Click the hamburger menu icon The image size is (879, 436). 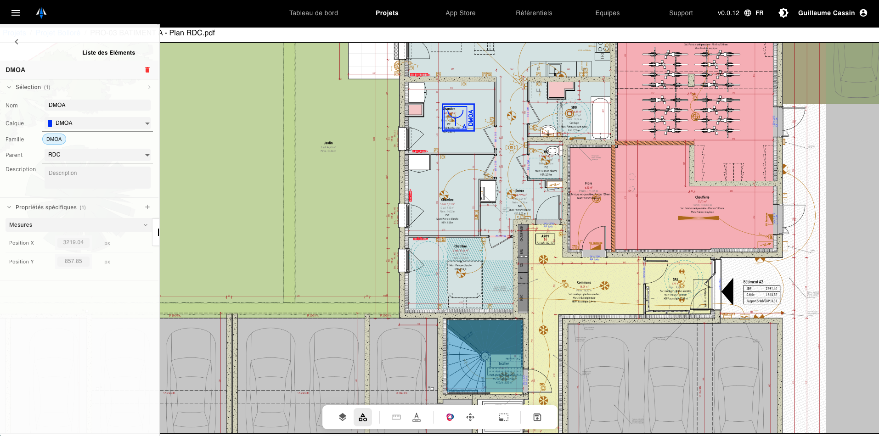tap(16, 13)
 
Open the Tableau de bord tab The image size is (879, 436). tap(313, 13)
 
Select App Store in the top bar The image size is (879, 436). tap(460, 13)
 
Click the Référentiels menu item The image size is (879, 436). tap(534, 13)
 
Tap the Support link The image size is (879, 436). tap(681, 13)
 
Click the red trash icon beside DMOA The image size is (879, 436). tap(147, 70)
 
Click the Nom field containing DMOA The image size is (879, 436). tap(97, 105)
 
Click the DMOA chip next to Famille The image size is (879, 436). tap(54, 139)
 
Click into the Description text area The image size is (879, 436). tap(97, 177)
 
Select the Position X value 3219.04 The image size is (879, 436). tap(73, 242)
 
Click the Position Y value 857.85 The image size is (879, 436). tap(73, 261)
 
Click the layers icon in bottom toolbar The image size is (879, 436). tap(343, 417)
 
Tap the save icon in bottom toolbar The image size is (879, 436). tap(537, 417)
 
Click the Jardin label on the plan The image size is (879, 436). tap(328, 143)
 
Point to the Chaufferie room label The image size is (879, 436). tap(702, 197)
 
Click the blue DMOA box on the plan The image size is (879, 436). tap(458, 117)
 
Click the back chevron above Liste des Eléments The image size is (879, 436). tap(17, 42)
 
